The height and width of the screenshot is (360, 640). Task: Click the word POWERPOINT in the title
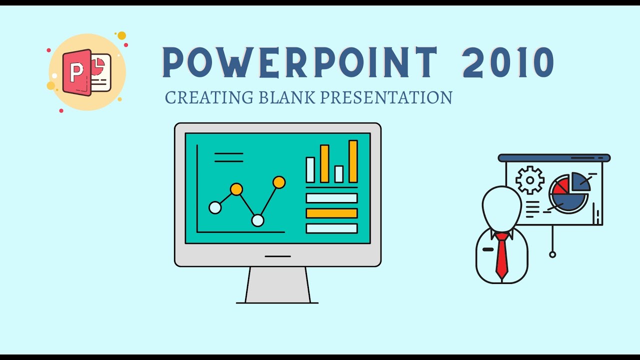pyautogui.click(x=300, y=62)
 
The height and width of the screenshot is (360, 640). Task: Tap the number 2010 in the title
pyautogui.click(x=508, y=62)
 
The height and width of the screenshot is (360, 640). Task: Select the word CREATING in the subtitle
pyautogui.click(x=210, y=97)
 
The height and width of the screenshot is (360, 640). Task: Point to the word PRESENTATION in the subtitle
pyautogui.click(x=386, y=97)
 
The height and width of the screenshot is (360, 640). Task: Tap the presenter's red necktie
pyautogui.click(x=501, y=255)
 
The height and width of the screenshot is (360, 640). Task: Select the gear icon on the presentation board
pyautogui.click(x=529, y=180)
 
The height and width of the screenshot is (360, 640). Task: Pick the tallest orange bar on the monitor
pyautogui.click(x=353, y=161)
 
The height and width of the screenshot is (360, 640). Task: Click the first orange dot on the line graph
pyautogui.click(x=236, y=189)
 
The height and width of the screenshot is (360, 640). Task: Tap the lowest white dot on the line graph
pyautogui.click(x=257, y=220)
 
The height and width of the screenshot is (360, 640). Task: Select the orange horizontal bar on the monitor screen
pyautogui.click(x=331, y=213)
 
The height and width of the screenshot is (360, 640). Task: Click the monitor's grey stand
pyautogui.click(x=277, y=285)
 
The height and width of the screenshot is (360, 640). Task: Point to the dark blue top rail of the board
pyautogui.click(x=554, y=158)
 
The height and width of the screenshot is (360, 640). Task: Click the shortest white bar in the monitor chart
pyautogui.click(x=339, y=174)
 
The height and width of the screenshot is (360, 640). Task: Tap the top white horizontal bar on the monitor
pyautogui.click(x=331, y=198)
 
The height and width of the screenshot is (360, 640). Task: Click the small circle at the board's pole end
pyautogui.click(x=552, y=254)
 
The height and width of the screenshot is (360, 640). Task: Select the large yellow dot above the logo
pyautogui.click(x=121, y=35)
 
